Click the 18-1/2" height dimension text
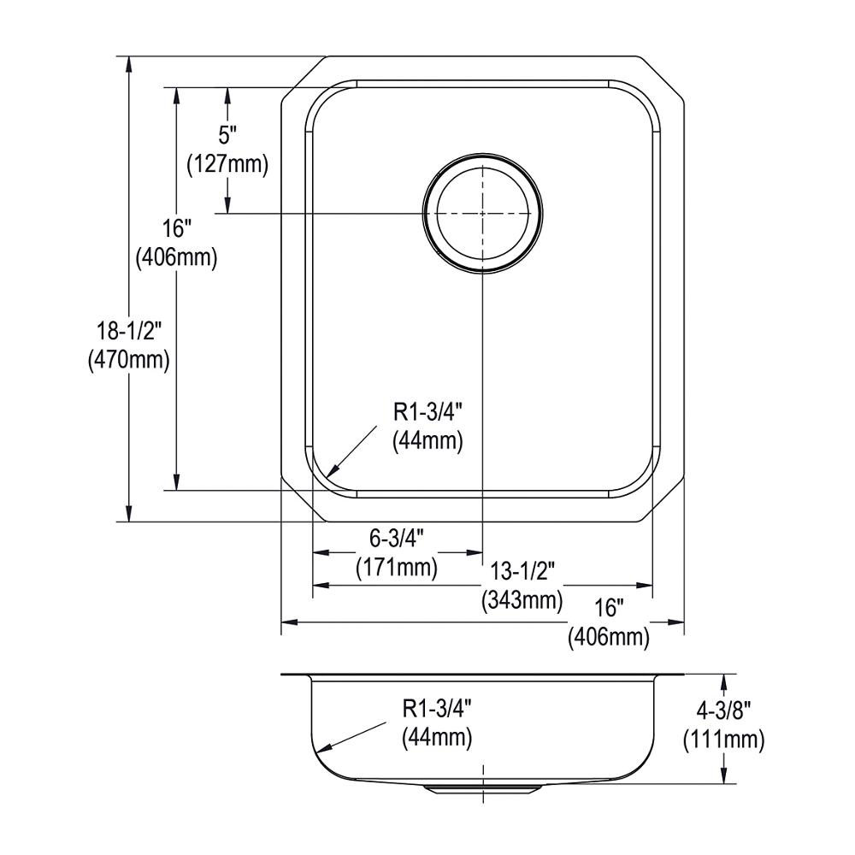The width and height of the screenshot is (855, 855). tap(129, 330)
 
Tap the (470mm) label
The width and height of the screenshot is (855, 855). tap(129, 360)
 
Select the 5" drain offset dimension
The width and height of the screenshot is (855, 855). tap(227, 133)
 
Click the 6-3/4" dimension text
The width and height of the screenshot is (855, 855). tap(397, 539)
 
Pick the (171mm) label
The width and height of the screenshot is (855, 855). tap(397, 569)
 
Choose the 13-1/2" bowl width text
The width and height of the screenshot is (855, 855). tap(522, 571)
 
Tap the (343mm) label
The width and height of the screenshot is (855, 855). tap(522, 600)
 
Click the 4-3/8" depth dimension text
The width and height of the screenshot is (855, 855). tap(723, 711)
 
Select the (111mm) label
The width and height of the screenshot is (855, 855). tap(723, 740)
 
